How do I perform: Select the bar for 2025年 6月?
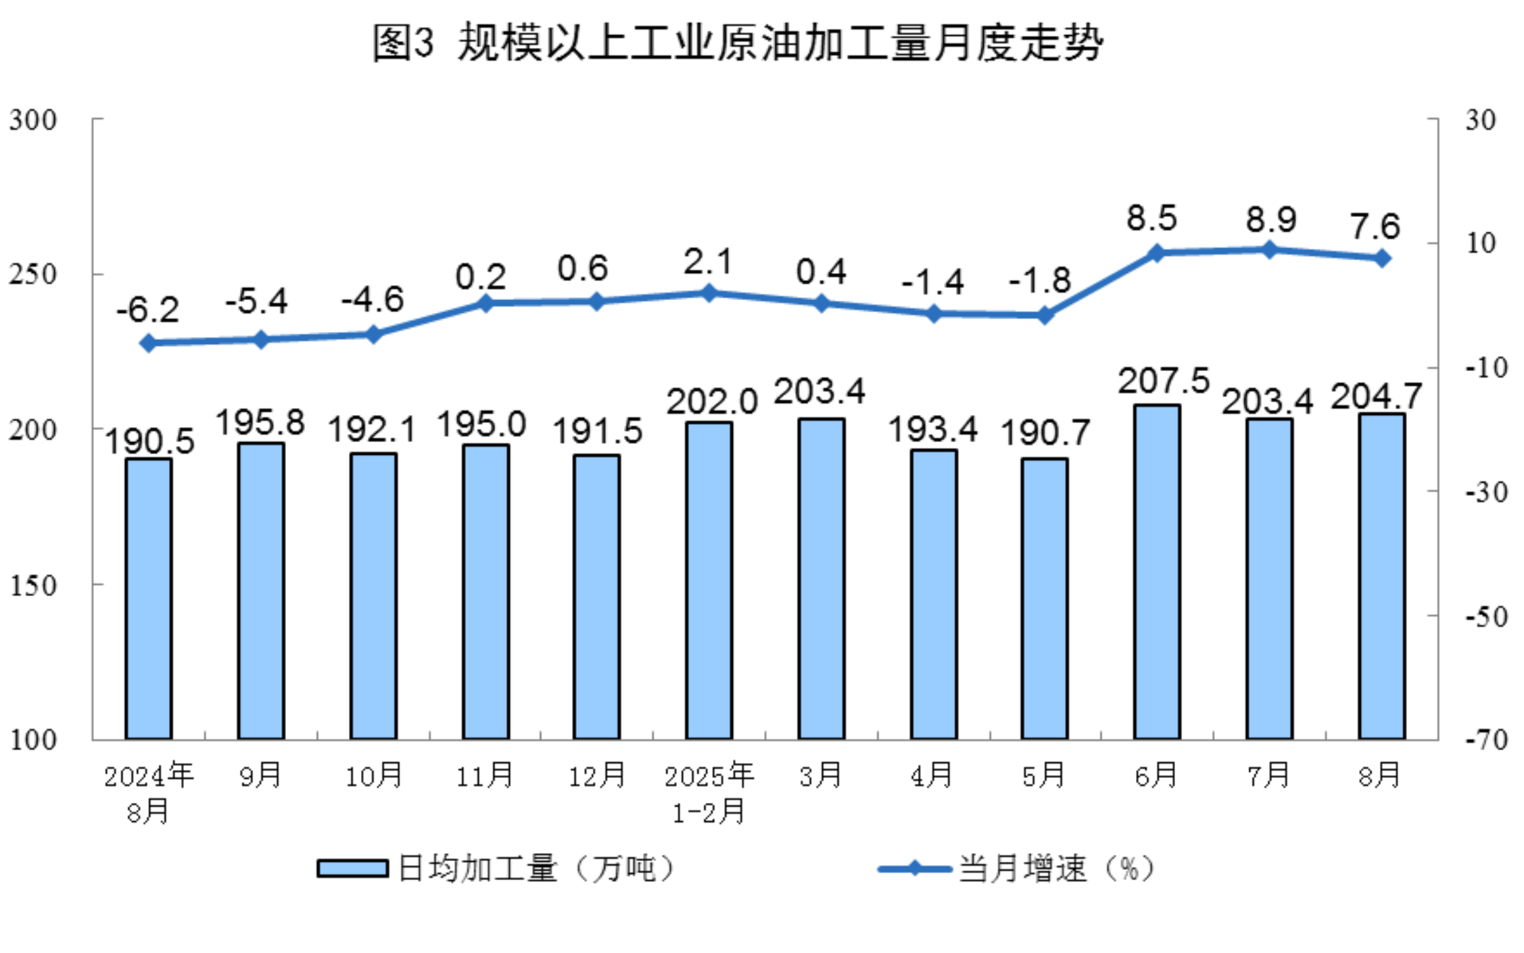(1157, 571)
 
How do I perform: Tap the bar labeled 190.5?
(149, 598)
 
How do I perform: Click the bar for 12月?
(596, 596)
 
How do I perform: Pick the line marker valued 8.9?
(1270, 250)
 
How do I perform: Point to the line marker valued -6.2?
(149, 343)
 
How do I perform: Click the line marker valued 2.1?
(709, 293)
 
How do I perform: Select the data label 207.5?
(1163, 381)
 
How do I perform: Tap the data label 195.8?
(260, 423)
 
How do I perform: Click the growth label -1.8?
(1040, 281)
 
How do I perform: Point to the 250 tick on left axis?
(32, 274)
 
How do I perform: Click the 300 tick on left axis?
(32, 120)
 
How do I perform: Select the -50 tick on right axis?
(1486, 616)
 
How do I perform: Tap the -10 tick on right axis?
(1486, 368)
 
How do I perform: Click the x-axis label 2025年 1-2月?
(709, 793)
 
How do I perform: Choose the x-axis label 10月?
(373, 776)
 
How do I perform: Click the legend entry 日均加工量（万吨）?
(497, 869)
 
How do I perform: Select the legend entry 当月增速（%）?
(1018, 869)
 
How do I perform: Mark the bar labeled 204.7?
(1382, 576)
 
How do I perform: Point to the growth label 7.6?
(1375, 226)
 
